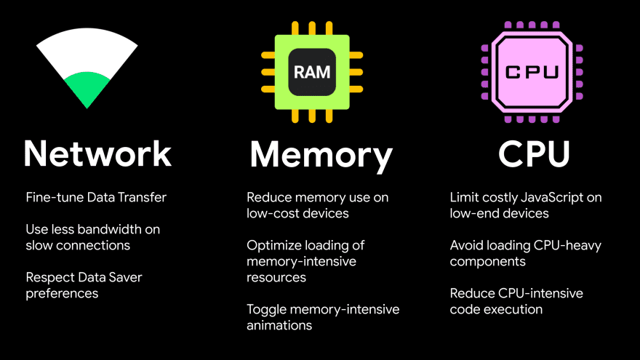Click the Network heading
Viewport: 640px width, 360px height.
click(x=97, y=153)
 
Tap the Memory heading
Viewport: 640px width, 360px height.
click(x=321, y=154)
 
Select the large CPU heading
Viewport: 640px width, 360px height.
click(x=534, y=153)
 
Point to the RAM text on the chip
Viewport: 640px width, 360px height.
click(x=312, y=72)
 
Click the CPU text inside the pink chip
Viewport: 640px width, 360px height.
click(x=532, y=71)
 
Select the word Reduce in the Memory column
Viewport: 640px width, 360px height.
click(x=268, y=197)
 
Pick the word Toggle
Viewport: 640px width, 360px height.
click(x=266, y=309)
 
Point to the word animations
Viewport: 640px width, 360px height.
click(x=279, y=325)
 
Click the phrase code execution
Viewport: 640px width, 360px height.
click(x=496, y=309)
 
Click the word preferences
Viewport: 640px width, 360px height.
click(x=62, y=293)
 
